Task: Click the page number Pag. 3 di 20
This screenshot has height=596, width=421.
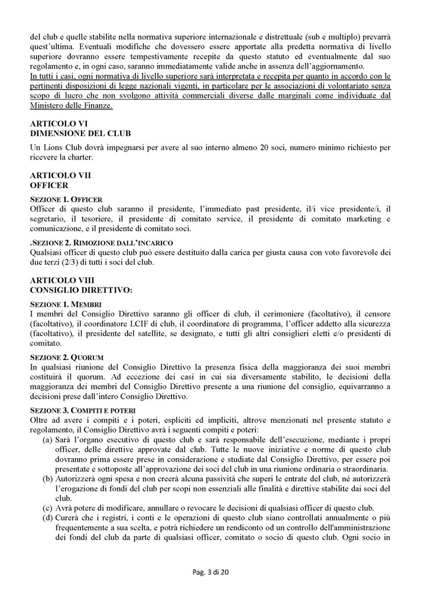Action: (210, 579)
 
